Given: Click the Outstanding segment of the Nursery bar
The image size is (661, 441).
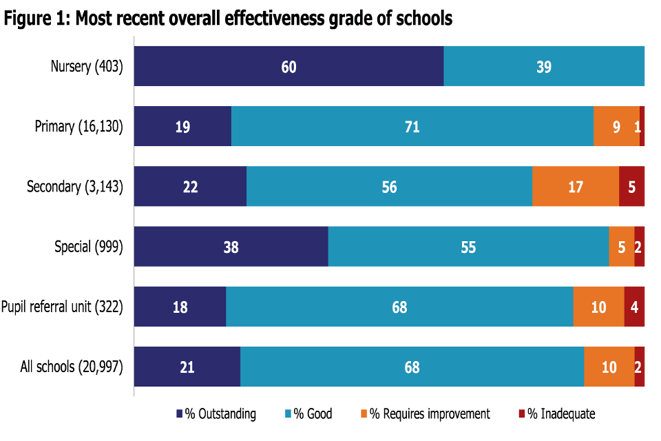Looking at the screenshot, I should click(288, 67).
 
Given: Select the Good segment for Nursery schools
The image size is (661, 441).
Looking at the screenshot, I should click(544, 67).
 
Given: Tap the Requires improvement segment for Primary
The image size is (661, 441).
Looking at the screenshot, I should click(616, 127).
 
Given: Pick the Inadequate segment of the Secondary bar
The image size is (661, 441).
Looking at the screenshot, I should click(631, 187).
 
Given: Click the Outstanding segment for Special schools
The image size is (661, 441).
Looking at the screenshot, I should click(231, 247).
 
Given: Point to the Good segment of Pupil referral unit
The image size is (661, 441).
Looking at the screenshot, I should click(399, 307).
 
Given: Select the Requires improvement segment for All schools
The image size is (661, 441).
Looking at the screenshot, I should click(609, 367).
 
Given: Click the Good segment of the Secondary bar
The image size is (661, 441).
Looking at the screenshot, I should click(389, 187).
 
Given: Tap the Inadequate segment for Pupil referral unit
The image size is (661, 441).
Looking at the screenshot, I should click(634, 307).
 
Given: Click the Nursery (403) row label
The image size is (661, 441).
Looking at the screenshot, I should click(87, 67).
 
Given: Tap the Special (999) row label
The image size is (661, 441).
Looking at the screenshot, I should click(89, 247).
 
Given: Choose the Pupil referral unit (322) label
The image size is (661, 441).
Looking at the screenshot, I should click(62, 307).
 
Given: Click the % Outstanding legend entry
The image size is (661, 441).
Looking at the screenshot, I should click(216, 414).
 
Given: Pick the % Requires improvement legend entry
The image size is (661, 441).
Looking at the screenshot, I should click(425, 414).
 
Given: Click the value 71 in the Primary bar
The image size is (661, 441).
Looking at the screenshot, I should click(412, 127).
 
